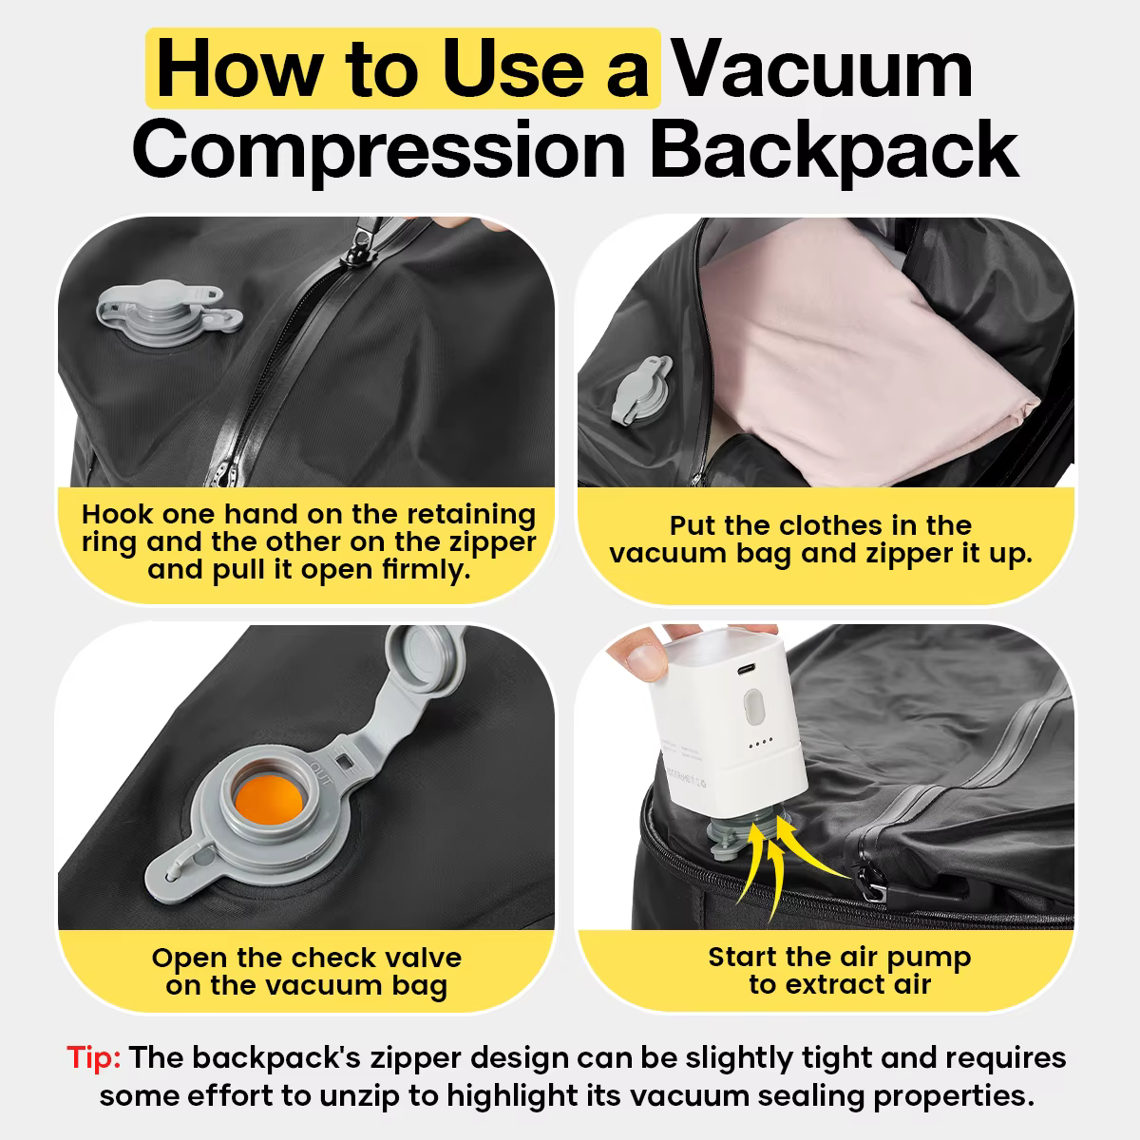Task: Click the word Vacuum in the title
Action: click(823, 69)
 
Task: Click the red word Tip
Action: click(93, 1058)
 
